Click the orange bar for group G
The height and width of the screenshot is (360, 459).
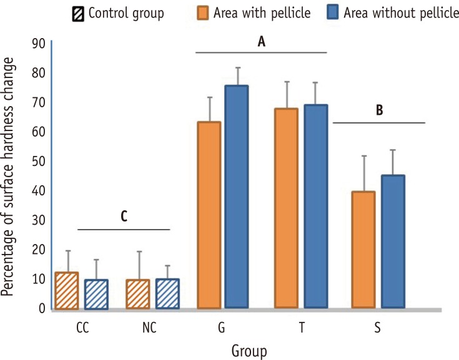point(209,215)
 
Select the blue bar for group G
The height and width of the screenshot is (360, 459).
point(237,197)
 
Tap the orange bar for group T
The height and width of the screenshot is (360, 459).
point(286,208)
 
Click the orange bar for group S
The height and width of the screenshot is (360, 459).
point(363,250)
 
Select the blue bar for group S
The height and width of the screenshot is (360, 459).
point(393,241)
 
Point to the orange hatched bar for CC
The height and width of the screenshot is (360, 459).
point(66,290)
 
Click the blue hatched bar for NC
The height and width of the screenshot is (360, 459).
point(167,293)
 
